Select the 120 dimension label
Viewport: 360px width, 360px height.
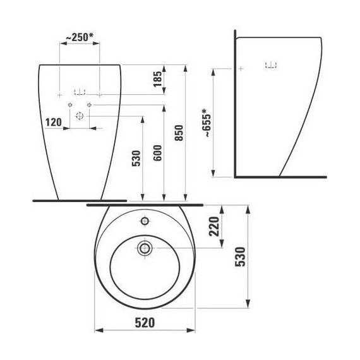(53, 122)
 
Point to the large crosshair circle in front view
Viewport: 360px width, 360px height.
(80, 116)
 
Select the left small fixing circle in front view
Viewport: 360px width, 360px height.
(71, 104)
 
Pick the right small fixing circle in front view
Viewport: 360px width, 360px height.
(90, 104)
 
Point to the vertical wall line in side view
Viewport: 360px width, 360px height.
(234, 107)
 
